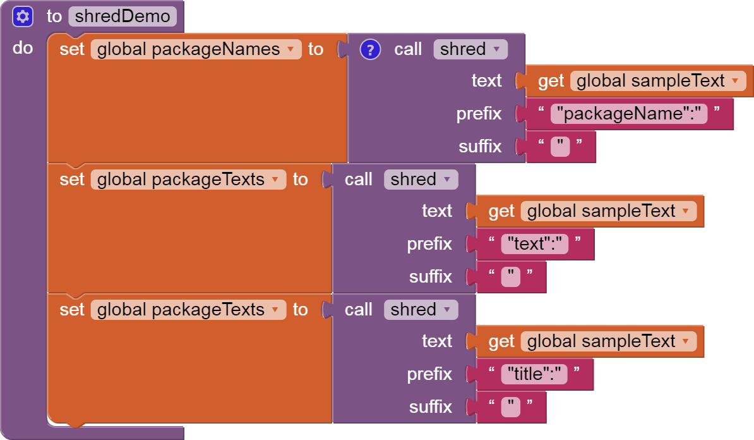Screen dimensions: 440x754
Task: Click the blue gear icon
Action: point(23,16)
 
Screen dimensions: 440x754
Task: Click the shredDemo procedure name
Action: point(123,16)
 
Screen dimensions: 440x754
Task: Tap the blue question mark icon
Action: point(370,49)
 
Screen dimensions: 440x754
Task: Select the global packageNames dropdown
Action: point(196,49)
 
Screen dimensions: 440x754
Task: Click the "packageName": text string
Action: point(628,114)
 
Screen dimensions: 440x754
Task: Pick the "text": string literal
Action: point(534,244)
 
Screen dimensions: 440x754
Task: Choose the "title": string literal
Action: point(534,374)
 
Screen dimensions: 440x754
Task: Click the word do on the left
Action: point(23,48)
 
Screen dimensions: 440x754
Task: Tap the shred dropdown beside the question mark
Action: point(470,49)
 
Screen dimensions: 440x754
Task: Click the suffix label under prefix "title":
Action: point(431,406)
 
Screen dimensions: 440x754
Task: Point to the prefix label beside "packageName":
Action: point(479,114)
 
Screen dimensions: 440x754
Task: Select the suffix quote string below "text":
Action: point(511,277)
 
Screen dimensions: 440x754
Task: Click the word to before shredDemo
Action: point(54,16)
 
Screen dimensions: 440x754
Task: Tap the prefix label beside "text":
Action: point(429,244)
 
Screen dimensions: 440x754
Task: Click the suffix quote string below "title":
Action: point(511,407)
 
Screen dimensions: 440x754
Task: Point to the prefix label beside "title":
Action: point(429,374)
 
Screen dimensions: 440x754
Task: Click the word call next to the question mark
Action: point(408,49)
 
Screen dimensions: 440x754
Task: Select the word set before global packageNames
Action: point(72,49)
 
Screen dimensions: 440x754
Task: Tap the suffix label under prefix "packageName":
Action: point(480,146)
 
